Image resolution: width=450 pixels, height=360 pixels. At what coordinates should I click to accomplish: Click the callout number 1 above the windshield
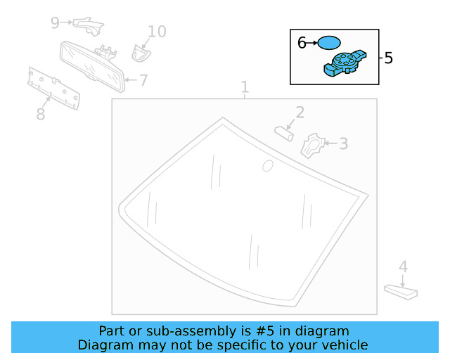tap(245, 88)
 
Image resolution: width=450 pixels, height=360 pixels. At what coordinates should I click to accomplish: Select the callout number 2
tap(300, 112)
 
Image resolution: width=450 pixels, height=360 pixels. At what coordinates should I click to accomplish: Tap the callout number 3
tap(343, 144)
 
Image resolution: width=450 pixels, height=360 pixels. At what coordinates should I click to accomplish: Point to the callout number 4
tap(403, 267)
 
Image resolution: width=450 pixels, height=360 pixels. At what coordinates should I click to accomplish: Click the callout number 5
tap(389, 58)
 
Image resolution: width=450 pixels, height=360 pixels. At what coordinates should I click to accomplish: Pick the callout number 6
tap(302, 43)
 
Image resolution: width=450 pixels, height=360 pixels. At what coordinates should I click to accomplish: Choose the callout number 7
tap(143, 81)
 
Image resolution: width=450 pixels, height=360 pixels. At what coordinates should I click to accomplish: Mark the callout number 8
tap(41, 113)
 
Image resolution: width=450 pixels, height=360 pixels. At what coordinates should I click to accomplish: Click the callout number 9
tap(55, 22)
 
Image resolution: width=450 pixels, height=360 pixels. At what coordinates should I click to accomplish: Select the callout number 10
tap(157, 32)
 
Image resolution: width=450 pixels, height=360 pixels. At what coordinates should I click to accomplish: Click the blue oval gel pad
tap(328, 43)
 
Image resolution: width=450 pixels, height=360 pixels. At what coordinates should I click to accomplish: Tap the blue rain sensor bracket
tap(345, 63)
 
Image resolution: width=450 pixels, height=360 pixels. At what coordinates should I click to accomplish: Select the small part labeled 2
tap(284, 132)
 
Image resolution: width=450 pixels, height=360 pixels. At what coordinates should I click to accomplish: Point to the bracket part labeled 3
tap(311, 146)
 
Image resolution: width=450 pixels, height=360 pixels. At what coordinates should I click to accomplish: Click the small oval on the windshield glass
tap(267, 166)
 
